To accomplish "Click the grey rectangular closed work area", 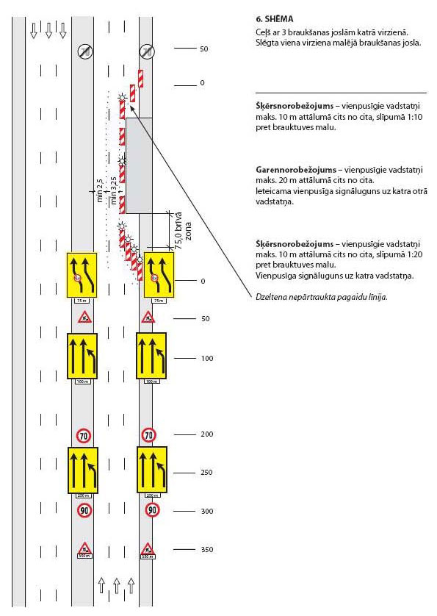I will click(139, 165).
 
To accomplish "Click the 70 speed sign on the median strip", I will click(84, 434).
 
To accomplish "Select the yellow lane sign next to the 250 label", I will click(153, 470).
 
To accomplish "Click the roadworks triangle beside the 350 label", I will click(148, 548).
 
